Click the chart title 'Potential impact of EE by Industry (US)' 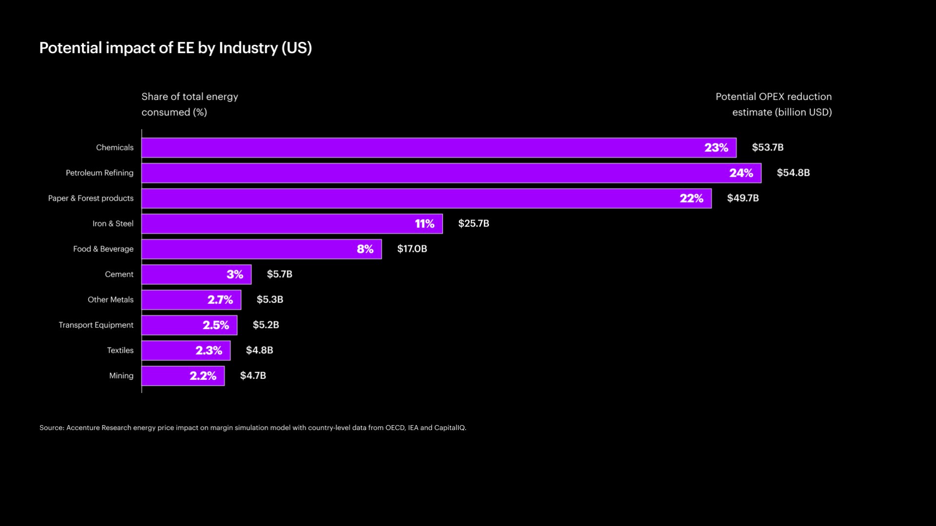(x=175, y=48)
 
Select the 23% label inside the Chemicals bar (x=716, y=148)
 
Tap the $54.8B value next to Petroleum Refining (x=793, y=173)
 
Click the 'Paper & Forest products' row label (x=91, y=198)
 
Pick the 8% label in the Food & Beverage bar (x=365, y=249)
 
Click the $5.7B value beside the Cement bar (x=279, y=274)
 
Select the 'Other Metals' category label (x=110, y=300)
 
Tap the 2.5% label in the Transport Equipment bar (x=215, y=325)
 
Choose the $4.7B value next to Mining (x=253, y=376)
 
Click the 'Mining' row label (x=121, y=376)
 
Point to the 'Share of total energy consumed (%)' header (x=190, y=104)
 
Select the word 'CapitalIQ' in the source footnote (x=449, y=428)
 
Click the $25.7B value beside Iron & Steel (x=473, y=224)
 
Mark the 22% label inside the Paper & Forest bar (x=691, y=198)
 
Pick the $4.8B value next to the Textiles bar (x=259, y=350)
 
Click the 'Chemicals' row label (x=115, y=148)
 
